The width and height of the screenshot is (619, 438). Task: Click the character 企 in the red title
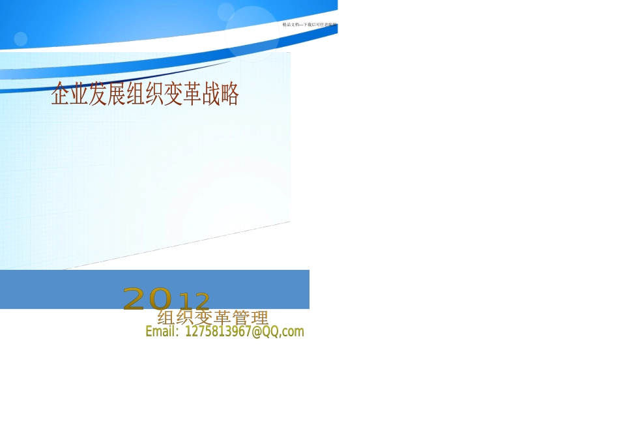click(61, 95)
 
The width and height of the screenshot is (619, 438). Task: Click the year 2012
click(167, 299)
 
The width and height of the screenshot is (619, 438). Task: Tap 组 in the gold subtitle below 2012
click(166, 318)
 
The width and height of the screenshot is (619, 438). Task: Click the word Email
click(161, 332)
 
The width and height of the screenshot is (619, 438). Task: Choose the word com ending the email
click(294, 332)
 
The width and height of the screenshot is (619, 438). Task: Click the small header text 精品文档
click(291, 24)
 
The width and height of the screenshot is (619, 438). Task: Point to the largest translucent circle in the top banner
click(252, 33)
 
